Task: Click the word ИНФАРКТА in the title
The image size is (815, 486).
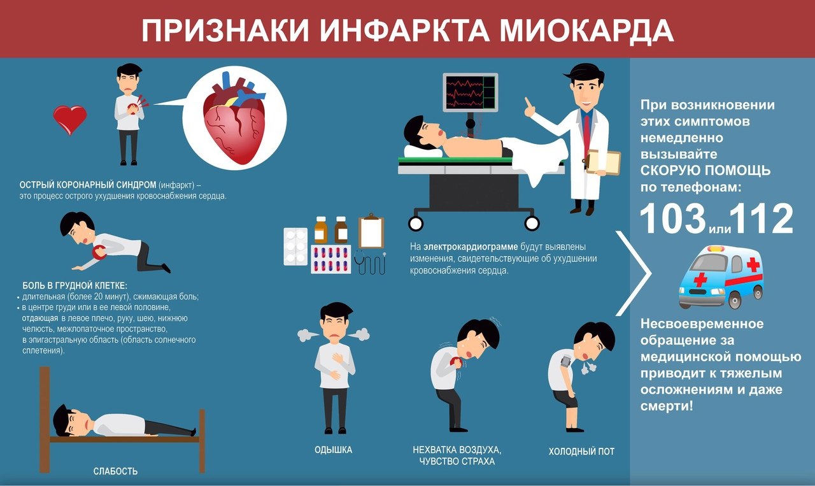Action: coord(404,31)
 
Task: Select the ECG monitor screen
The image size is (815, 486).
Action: coord(470,92)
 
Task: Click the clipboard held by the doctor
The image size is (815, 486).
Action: coord(602,162)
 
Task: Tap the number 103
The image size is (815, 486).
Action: coord(673,218)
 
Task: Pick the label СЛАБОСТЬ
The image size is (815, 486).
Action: coord(115,471)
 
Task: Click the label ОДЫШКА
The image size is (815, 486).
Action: coord(333,450)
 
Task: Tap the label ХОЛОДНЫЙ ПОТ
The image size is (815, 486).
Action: coord(581,452)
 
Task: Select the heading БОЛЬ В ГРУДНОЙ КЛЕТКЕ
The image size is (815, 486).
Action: coord(75,286)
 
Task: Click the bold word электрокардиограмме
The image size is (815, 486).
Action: coord(471,247)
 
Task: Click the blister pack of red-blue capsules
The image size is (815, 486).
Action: coord(331,259)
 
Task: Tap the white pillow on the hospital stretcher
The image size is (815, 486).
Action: coord(423,152)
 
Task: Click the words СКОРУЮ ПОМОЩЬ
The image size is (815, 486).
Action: coord(705,171)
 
